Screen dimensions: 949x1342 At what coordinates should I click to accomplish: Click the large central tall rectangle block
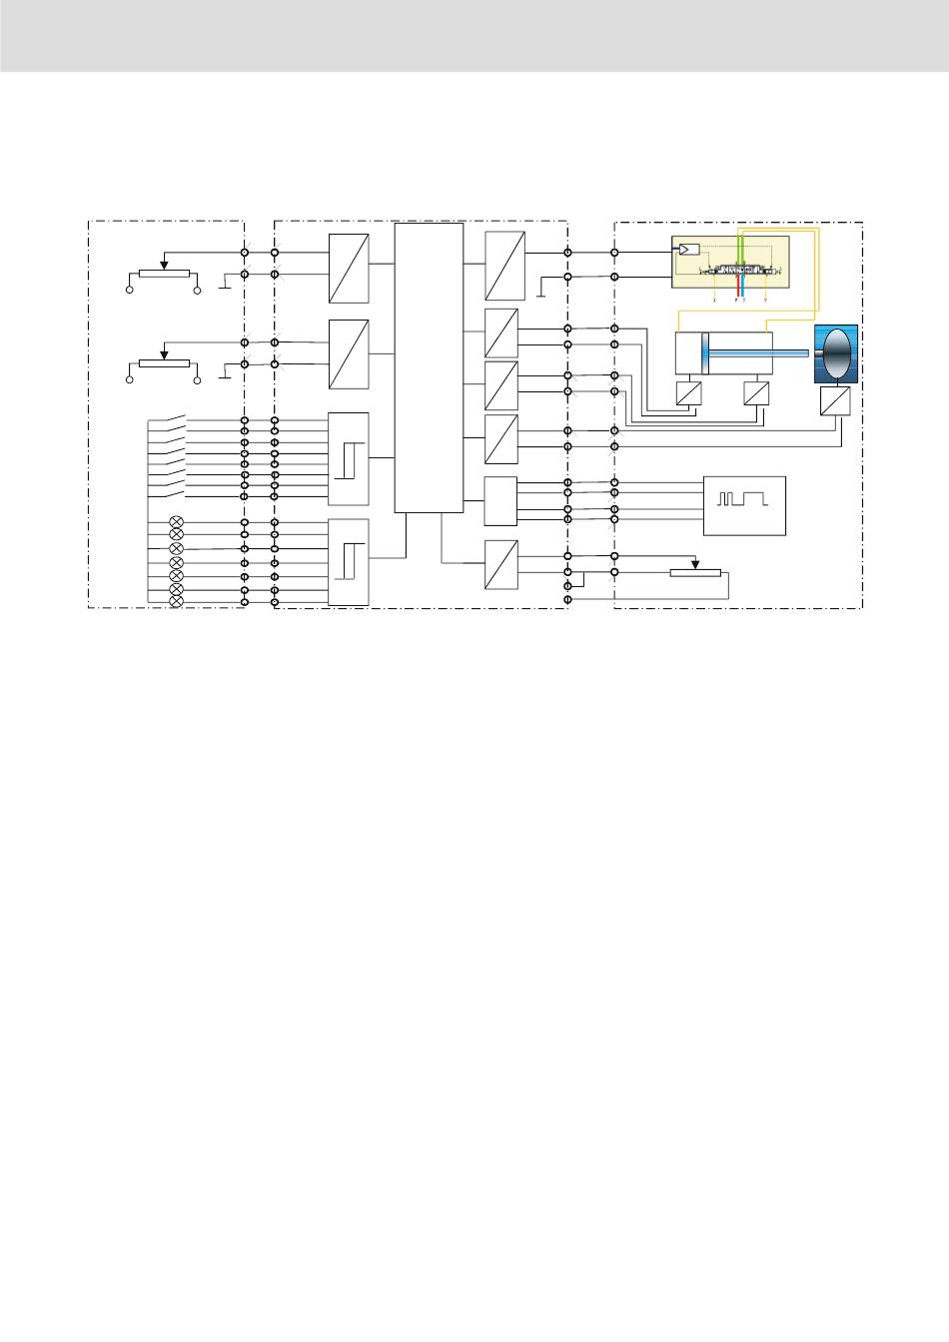click(429, 366)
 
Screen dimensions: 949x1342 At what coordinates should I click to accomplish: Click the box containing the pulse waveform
click(744, 505)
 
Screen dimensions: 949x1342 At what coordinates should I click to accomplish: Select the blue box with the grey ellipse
click(836, 354)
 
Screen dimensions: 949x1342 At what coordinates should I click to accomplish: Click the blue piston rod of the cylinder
click(759, 353)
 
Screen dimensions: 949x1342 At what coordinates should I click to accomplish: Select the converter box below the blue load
click(835, 401)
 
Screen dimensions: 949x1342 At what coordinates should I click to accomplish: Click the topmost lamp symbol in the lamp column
click(177, 522)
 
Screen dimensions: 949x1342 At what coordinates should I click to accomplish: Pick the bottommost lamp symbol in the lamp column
click(177, 601)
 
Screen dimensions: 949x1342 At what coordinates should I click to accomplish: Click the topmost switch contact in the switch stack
click(172, 417)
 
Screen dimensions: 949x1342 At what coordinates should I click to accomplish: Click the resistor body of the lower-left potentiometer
click(163, 363)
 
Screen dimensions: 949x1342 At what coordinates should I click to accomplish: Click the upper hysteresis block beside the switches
click(349, 458)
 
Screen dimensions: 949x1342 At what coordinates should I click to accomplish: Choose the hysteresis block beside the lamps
click(349, 562)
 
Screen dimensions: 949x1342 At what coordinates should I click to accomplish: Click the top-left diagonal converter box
click(349, 268)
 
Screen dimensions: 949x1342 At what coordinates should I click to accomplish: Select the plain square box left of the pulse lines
click(500, 500)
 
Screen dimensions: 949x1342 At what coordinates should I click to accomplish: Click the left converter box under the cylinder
click(687, 392)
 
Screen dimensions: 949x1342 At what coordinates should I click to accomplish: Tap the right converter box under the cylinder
click(758, 392)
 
